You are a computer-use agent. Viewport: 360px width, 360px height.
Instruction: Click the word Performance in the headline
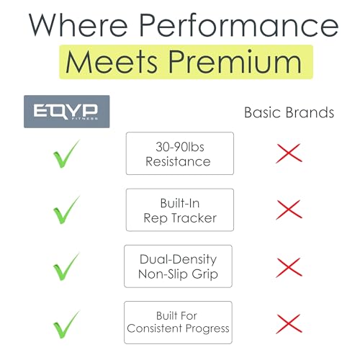238,25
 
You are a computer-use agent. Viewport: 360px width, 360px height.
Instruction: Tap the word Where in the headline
78,25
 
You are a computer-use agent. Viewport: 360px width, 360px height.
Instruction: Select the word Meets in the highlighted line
112,62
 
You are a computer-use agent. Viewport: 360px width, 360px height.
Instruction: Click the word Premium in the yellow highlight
235,62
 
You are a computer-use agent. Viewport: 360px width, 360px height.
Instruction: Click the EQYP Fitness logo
67,112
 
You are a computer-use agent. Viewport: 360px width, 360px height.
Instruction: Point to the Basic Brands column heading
289,112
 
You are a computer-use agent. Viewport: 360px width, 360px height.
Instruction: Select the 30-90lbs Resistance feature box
180,153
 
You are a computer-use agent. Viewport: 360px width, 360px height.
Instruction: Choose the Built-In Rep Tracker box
180,210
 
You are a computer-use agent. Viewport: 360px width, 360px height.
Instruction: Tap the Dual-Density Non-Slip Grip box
178,266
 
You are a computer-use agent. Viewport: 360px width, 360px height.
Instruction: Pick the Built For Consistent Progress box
178,323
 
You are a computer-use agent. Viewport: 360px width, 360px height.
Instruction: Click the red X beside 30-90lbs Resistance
289,153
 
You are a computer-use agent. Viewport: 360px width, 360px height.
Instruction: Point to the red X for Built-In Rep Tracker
289,210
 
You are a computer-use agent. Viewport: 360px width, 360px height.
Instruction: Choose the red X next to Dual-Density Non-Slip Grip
289,268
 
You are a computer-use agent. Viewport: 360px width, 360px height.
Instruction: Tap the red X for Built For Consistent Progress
289,324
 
